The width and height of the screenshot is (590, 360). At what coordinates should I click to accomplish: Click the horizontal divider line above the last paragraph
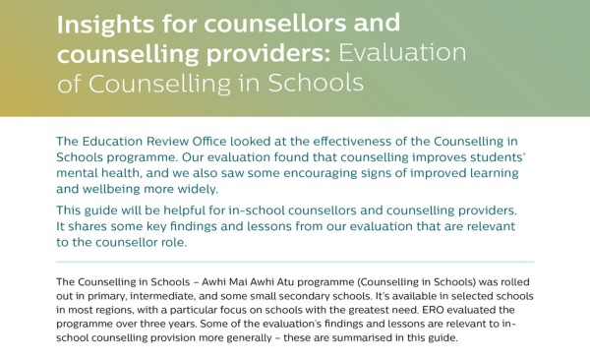click(295, 262)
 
